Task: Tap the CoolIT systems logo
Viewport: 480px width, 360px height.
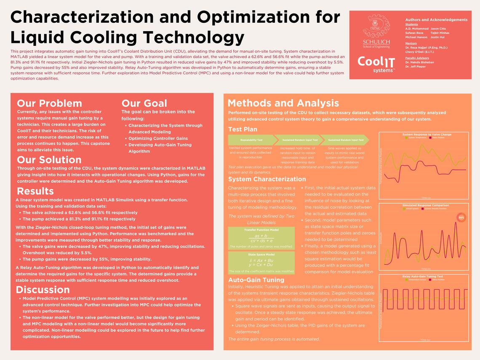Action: (x=376, y=64)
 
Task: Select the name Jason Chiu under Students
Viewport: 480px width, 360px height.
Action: (x=438, y=28)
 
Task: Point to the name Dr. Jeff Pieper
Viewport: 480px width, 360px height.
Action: (x=415, y=67)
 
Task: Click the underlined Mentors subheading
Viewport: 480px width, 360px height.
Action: (x=411, y=43)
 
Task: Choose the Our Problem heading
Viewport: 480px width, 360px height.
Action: (x=49, y=104)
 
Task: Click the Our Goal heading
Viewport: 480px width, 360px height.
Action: (x=144, y=104)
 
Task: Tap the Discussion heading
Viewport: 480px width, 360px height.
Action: (x=43, y=290)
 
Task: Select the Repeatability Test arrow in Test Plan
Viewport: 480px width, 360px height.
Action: (x=251, y=140)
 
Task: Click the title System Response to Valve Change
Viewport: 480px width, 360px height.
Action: (x=427, y=135)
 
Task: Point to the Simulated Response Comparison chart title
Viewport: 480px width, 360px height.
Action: (x=426, y=205)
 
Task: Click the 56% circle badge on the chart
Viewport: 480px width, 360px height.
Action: (x=461, y=218)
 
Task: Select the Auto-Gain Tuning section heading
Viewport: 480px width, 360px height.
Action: (x=256, y=280)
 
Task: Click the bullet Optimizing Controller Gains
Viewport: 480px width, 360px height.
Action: (x=158, y=139)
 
